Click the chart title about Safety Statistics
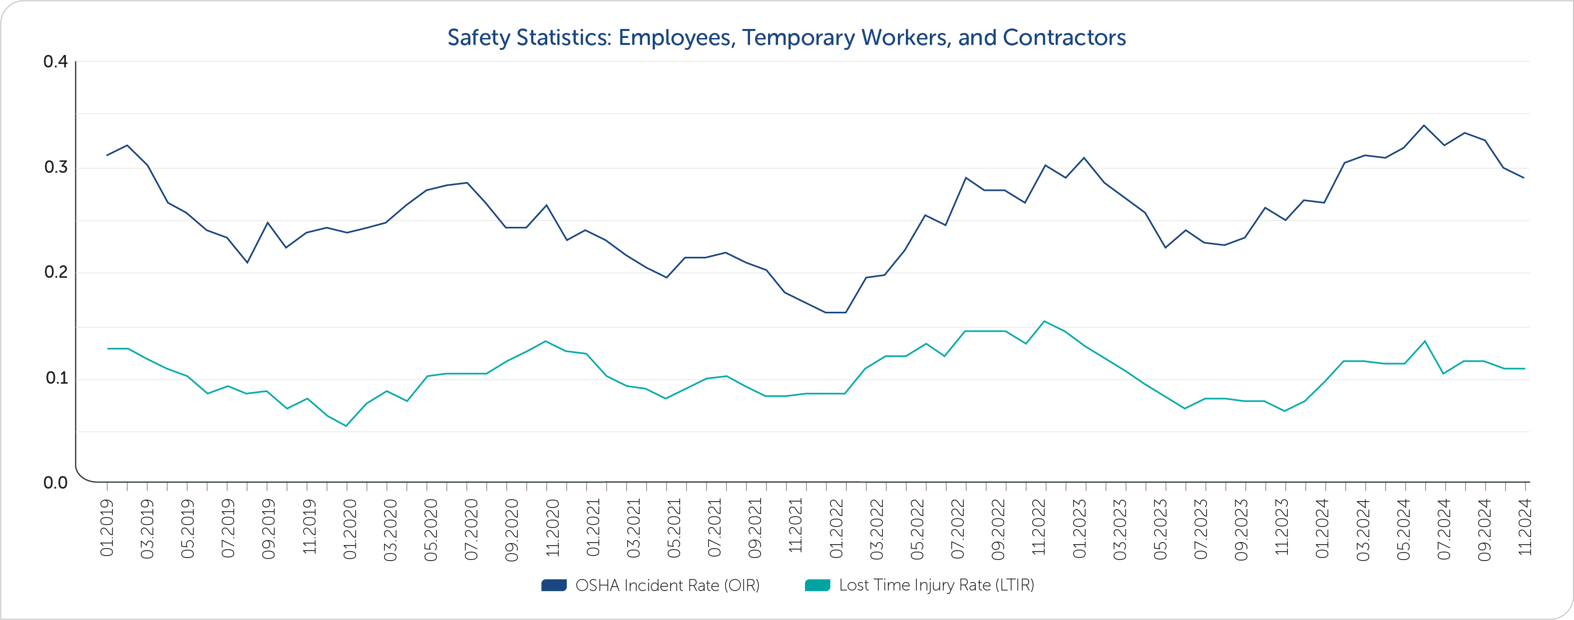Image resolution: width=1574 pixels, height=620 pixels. (x=787, y=37)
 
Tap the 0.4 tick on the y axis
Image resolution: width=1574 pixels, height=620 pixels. (x=55, y=62)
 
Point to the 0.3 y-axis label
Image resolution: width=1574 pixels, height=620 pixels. (x=55, y=167)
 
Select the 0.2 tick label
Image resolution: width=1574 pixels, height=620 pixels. (x=55, y=272)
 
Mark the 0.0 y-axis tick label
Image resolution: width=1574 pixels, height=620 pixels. (x=55, y=483)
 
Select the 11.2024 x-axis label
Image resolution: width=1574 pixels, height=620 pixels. (x=1525, y=527)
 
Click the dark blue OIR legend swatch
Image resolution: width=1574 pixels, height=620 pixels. (x=554, y=586)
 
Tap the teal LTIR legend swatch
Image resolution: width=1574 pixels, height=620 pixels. (x=817, y=586)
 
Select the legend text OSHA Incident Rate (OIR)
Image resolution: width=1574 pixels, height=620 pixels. (x=667, y=586)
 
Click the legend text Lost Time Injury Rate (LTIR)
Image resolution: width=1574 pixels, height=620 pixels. (x=936, y=585)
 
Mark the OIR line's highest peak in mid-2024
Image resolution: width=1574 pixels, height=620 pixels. (x=1424, y=125)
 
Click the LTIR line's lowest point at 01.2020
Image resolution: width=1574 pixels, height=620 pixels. (x=347, y=426)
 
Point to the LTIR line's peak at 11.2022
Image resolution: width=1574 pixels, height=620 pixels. (x=1044, y=321)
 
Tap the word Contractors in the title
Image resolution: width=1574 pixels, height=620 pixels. (x=1064, y=37)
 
